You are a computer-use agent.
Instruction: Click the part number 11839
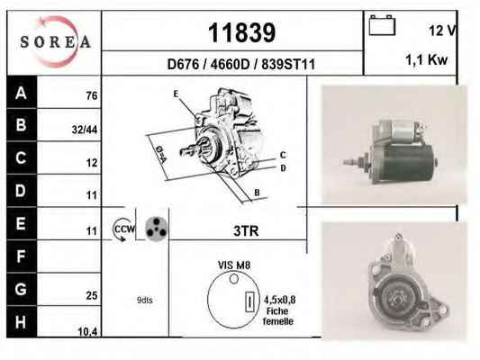[242, 32]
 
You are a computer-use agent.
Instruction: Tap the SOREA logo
[55, 41]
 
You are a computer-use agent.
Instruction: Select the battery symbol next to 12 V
[382, 25]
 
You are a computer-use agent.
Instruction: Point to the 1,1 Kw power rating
[427, 60]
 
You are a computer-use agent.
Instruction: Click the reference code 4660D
[230, 64]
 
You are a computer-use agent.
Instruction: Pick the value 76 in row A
[92, 95]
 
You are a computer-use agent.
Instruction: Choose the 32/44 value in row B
[85, 130]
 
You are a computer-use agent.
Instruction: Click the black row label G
[22, 289]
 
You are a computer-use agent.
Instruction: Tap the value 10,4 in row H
[87, 331]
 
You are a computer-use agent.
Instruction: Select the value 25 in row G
[92, 295]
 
